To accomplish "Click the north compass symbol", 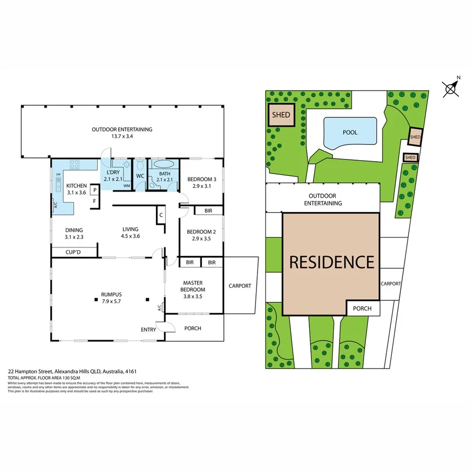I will [451, 88].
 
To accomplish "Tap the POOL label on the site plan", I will [350, 132].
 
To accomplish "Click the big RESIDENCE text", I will [332, 262].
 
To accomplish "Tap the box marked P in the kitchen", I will [94, 190].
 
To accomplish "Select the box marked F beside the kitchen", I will [94, 201].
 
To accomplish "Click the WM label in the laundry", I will [127, 186].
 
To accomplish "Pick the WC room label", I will [140, 176].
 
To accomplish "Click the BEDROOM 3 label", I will [201, 180].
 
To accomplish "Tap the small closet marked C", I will [161, 215].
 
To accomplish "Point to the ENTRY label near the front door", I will [149, 329].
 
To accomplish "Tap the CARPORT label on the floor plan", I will [240, 286].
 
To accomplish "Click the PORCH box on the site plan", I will [362, 308].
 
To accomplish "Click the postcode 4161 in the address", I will [131, 372].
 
